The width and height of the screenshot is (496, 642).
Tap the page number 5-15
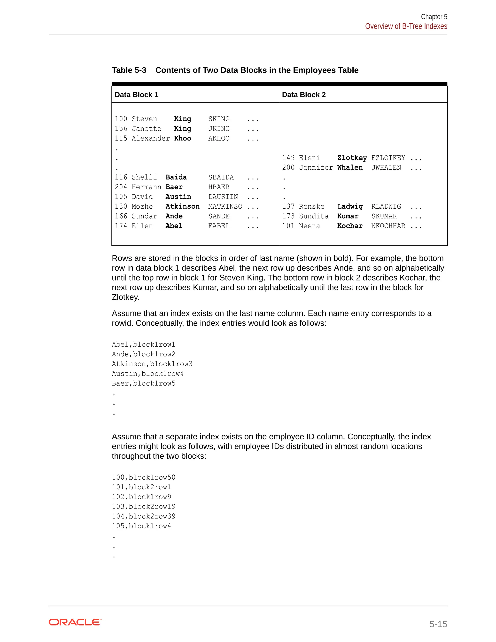click(438, 624)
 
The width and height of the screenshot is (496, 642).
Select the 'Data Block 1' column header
click(136, 95)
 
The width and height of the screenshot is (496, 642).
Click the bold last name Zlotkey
click(352, 158)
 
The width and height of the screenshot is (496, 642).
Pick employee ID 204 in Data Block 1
click(121, 187)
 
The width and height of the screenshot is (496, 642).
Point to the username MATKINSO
click(225, 207)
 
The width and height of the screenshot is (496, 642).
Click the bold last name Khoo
click(182, 138)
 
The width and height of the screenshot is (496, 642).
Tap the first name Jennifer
click(316, 168)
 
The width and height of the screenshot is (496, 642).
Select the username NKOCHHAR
click(388, 226)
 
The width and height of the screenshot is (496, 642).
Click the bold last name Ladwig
click(350, 207)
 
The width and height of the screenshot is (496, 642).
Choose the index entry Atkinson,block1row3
click(152, 364)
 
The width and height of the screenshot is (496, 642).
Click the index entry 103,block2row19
click(143, 507)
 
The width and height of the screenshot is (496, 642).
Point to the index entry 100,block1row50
click(143, 478)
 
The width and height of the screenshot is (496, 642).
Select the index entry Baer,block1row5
click(143, 383)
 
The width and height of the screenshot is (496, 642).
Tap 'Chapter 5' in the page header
click(434, 17)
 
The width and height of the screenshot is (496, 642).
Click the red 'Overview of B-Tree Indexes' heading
click(406, 26)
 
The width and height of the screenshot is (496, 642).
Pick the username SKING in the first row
click(219, 119)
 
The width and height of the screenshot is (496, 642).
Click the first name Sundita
click(314, 216)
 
